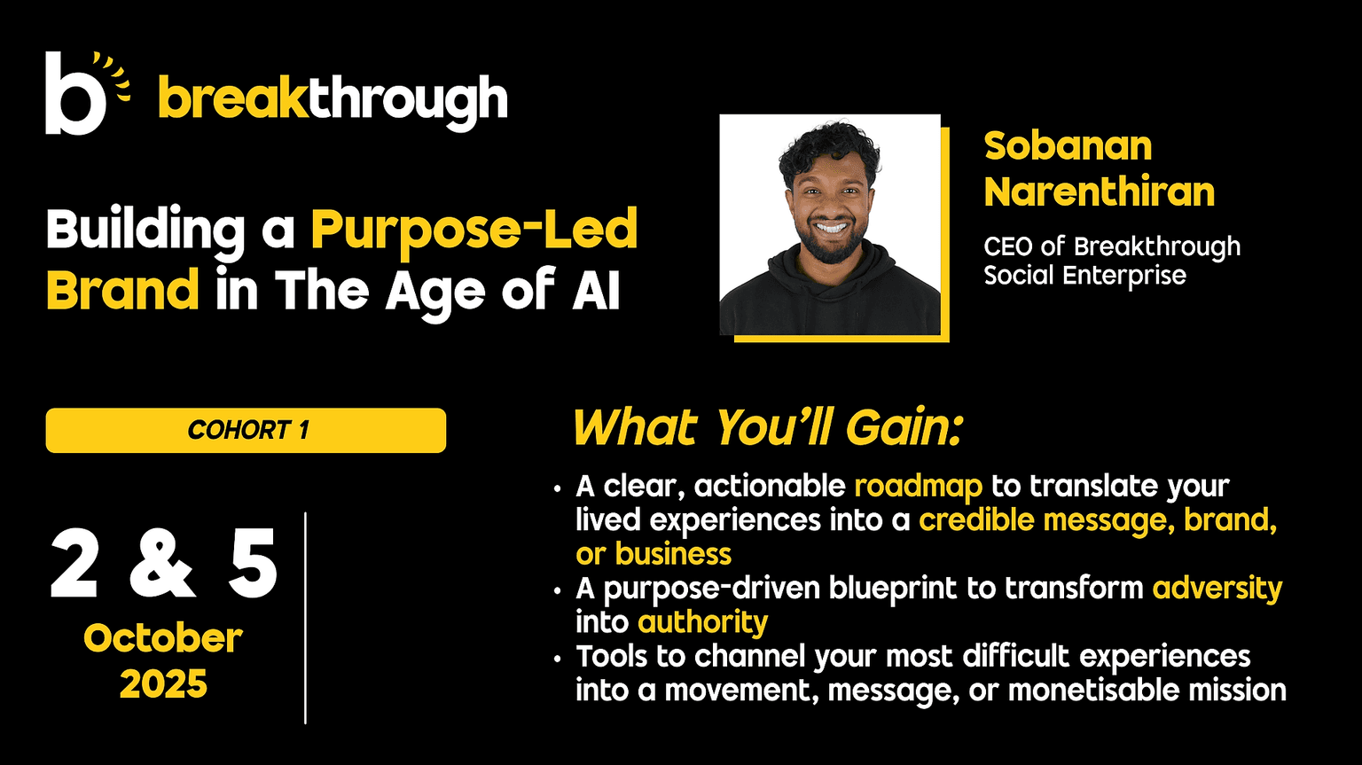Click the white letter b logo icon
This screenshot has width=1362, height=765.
[x=75, y=93]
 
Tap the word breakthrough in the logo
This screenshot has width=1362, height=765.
[x=333, y=101]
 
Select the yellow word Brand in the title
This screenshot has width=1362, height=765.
[x=123, y=290]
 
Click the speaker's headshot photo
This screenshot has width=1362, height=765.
[x=830, y=224]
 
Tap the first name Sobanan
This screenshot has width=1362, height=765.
[x=1068, y=146]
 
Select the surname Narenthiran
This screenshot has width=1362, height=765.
[x=1100, y=191]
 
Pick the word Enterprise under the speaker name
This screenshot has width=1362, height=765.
[x=1124, y=277]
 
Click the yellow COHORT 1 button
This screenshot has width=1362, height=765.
[x=246, y=430]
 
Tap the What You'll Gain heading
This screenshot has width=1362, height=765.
[x=769, y=428]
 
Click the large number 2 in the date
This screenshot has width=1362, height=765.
[x=74, y=564]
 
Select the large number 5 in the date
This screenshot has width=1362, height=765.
[x=253, y=564]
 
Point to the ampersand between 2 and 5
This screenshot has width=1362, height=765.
[x=162, y=564]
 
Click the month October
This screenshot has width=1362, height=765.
[x=163, y=639]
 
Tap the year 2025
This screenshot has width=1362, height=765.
[x=163, y=684]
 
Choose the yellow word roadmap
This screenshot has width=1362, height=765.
[x=918, y=487]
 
